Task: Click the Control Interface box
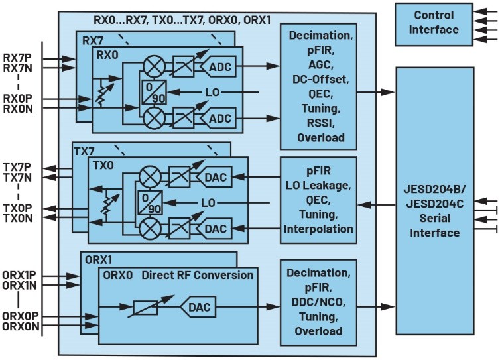[434, 23]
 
